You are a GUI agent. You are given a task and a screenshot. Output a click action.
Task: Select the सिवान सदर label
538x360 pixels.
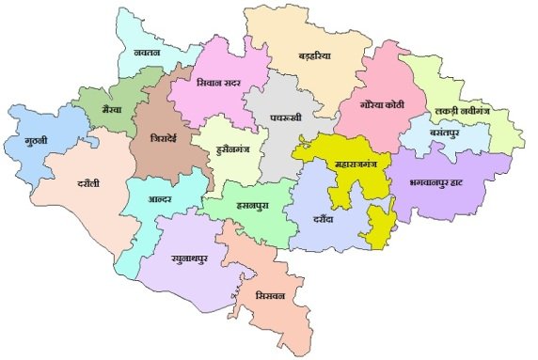[x=221, y=83]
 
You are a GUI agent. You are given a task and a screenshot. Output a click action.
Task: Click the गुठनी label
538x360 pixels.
[x=37, y=143]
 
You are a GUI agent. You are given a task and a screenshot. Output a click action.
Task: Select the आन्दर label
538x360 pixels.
[x=166, y=199]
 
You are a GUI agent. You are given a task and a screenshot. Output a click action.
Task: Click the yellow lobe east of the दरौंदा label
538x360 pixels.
[x=379, y=226]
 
